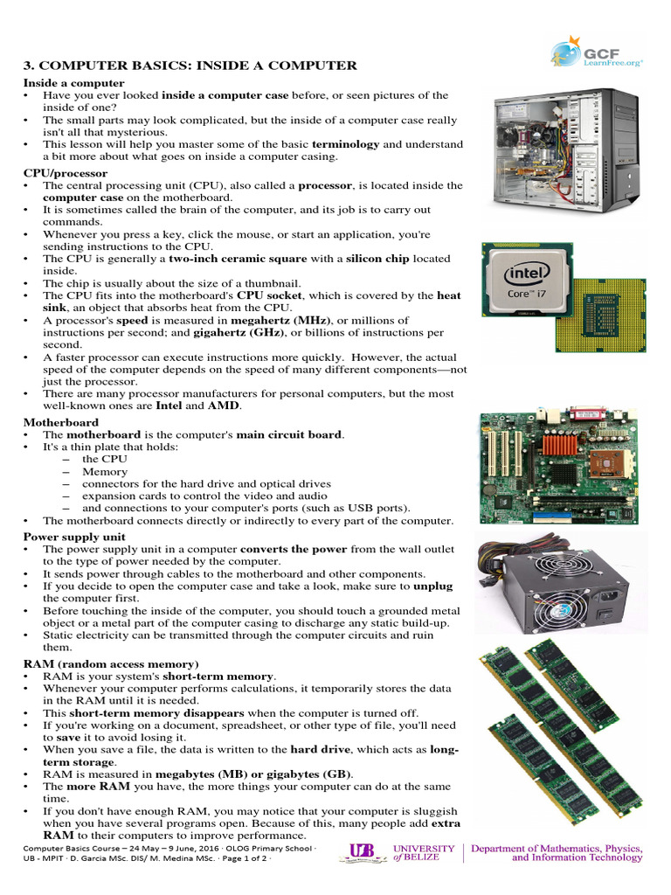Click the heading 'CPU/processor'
click(66, 173)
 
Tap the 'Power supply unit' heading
click(74, 537)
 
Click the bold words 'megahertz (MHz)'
click(279, 321)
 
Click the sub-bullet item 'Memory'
click(105, 471)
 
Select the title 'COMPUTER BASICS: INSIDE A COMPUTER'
click(190, 66)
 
